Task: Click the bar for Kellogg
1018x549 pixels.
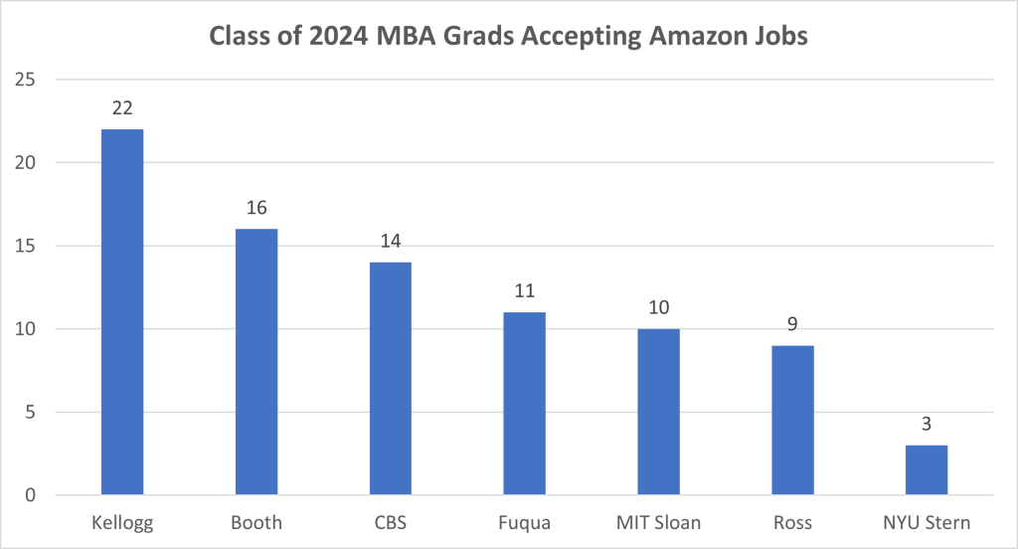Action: click(121, 312)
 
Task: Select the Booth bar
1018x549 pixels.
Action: click(255, 362)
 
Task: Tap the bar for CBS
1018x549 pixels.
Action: click(390, 379)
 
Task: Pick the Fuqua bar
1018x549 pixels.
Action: click(524, 404)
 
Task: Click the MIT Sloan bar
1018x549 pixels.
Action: click(658, 412)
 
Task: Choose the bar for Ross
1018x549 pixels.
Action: click(792, 420)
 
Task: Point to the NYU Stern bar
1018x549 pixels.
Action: click(927, 470)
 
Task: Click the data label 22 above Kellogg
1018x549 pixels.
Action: click(121, 107)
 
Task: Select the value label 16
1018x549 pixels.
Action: click(255, 208)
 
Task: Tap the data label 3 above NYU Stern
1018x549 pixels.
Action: click(927, 424)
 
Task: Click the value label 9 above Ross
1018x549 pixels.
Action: click(792, 323)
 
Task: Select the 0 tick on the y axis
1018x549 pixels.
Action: click(32, 495)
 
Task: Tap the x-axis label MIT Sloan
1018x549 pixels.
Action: click(658, 522)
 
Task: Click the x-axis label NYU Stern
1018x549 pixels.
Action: click(927, 522)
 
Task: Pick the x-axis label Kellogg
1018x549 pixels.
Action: click(121, 522)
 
